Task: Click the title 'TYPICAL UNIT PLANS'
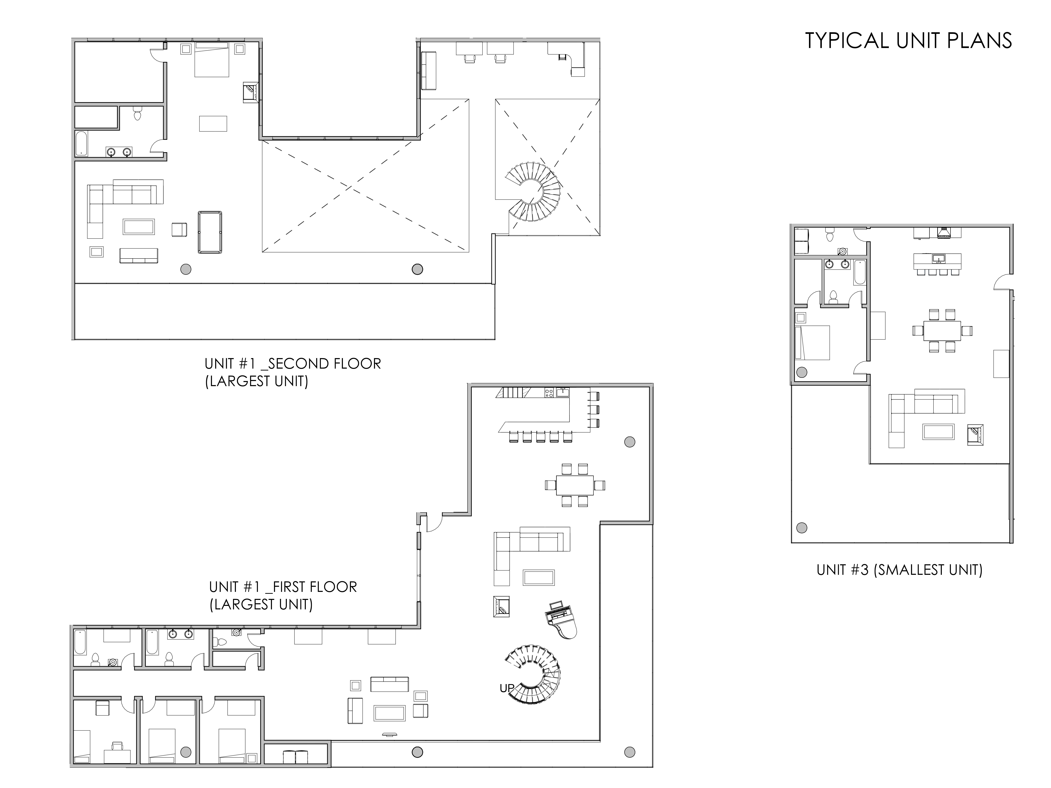point(908,41)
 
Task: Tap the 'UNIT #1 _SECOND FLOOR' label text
point(293,364)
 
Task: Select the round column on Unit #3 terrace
point(802,528)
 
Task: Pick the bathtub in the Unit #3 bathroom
point(859,272)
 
